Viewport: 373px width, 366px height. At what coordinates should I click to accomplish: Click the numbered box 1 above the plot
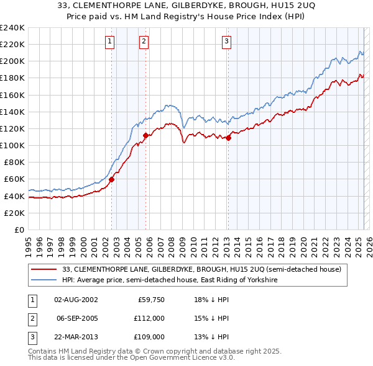(109, 42)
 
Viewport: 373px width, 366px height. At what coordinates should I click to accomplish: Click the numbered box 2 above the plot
(144, 42)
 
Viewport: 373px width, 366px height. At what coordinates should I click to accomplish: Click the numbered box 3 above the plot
(226, 42)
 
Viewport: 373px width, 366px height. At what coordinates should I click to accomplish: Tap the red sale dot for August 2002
(112, 180)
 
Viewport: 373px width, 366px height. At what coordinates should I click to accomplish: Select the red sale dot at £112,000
(145, 135)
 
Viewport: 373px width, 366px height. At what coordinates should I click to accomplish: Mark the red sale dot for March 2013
(228, 138)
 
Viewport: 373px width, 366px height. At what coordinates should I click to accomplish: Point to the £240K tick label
(12, 28)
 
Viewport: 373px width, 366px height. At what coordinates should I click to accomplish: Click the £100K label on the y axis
(12, 145)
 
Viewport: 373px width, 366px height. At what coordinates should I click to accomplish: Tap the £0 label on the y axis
(18, 230)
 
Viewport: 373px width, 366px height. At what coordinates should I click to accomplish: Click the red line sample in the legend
(44, 270)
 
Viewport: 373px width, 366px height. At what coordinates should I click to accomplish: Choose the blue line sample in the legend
(44, 280)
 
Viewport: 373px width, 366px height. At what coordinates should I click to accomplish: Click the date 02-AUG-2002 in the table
(76, 299)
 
